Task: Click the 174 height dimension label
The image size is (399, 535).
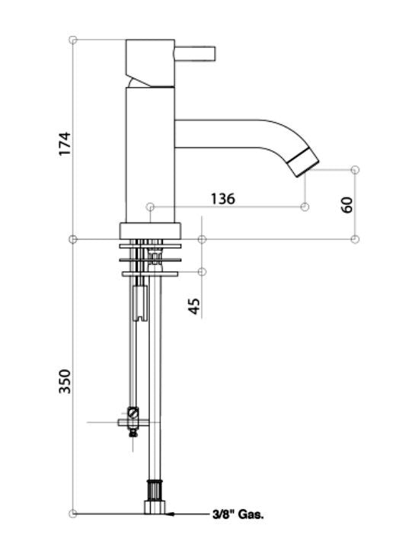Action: [65, 144]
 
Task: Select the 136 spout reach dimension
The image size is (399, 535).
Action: [222, 199]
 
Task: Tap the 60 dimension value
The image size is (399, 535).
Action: [347, 203]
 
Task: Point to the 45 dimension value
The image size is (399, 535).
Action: [193, 306]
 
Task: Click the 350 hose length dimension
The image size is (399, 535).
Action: [65, 381]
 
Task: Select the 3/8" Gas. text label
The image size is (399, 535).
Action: [238, 515]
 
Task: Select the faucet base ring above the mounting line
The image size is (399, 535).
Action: [151, 231]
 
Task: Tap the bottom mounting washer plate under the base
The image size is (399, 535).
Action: [151, 273]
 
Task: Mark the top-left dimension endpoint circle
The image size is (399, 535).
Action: [73, 40]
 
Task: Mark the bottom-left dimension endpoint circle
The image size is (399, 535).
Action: [73, 514]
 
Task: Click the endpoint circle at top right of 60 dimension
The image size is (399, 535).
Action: [356, 169]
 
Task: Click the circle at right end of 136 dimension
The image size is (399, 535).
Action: [305, 207]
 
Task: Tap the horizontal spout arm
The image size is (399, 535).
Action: [228, 132]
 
